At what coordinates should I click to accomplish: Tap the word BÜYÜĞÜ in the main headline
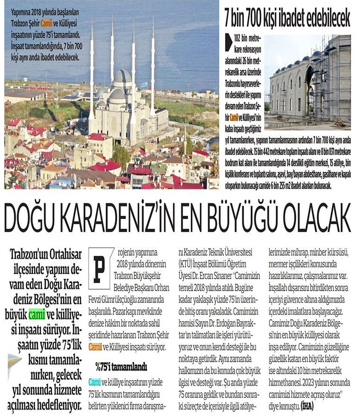pos(248,216)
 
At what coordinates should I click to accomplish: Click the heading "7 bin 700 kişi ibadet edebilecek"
pos(287,18)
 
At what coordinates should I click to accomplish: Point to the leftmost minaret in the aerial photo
pos(92,69)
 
